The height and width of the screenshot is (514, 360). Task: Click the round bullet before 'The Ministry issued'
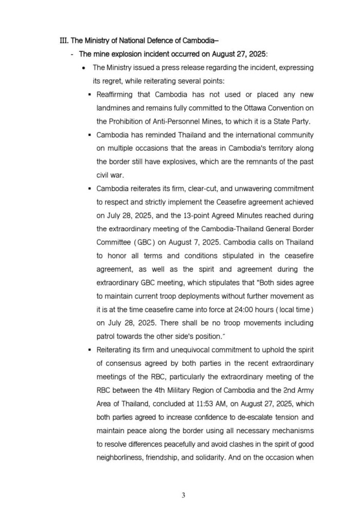coord(83,68)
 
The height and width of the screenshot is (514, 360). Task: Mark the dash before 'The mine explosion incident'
coord(72,54)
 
